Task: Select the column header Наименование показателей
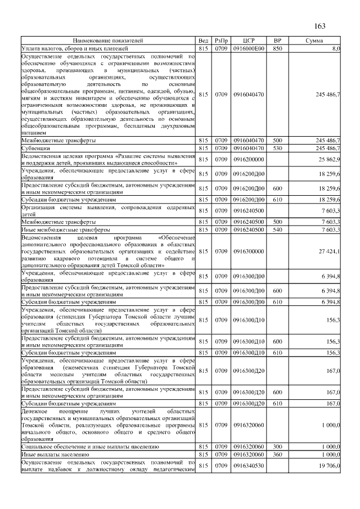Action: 107,41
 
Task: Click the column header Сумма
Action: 314,41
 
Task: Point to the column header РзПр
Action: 222,41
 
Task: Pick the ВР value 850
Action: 277,49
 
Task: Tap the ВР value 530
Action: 277,148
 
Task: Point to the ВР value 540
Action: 277,230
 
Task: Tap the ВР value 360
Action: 277,453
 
